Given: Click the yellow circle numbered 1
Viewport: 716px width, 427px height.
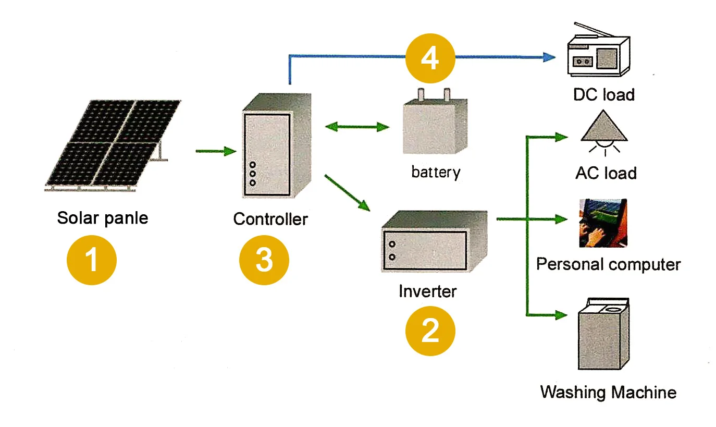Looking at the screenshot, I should (92, 260).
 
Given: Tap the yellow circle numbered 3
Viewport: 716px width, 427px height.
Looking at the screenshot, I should (264, 260).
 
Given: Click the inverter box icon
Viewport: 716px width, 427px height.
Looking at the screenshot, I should (434, 241).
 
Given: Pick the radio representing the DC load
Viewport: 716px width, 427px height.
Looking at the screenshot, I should (598, 52).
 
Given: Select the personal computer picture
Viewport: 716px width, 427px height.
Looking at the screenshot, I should (603, 223).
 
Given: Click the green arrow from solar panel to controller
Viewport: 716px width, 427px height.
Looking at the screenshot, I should (216, 151).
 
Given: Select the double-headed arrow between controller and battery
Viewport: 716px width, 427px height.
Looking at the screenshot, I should (357, 127).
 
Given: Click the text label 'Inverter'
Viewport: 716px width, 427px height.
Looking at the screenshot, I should (427, 291).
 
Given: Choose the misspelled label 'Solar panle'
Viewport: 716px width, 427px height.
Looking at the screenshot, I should (103, 217).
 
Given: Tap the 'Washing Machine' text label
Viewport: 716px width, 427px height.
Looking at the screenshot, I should (608, 392).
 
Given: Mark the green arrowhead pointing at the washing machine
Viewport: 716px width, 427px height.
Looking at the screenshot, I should (561, 315).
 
